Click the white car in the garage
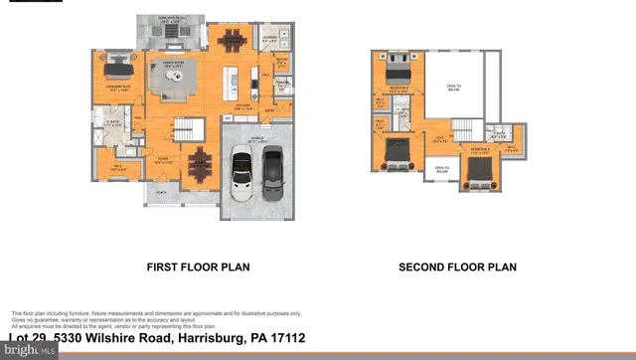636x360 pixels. pyautogui.click(x=241, y=176)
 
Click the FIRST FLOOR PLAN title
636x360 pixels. pyautogui.click(x=198, y=267)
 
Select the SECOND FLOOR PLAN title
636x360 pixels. pyautogui.click(x=457, y=267)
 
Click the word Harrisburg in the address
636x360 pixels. pyautogui.click(x=205, y=339)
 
